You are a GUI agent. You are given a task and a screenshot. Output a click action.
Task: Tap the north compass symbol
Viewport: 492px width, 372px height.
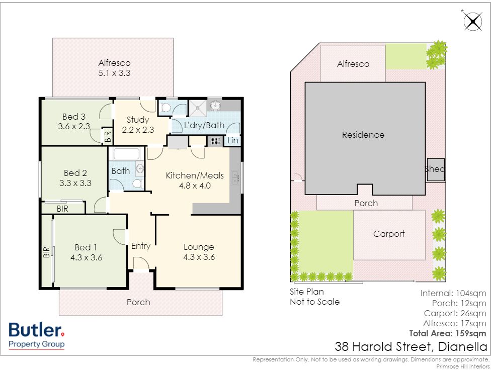pos(472,22)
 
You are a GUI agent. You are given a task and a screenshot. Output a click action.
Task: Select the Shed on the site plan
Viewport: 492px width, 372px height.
pos(436,170)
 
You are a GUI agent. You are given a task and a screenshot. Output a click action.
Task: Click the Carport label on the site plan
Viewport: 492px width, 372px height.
pos(389,234)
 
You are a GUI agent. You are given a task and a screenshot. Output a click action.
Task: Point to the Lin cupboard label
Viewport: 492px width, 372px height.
pos(232,141)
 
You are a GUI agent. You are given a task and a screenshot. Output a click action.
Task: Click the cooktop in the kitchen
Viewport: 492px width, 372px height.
pos(215,141)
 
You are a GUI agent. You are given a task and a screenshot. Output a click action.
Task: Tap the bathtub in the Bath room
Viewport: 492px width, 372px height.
pos(126,154)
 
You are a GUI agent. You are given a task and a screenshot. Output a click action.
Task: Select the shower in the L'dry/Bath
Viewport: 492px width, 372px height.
pos(198,108)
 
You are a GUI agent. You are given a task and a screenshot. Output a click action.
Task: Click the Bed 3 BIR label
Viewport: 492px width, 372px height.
pos(108,136)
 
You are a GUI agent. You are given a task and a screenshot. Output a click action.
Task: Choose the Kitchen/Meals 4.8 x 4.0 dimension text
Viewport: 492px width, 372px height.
pos(195,185)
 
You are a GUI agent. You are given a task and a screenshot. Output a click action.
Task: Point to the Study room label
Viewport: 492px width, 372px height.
pos(138,120)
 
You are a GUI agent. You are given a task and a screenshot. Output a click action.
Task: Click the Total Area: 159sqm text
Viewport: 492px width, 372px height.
pos(447,333)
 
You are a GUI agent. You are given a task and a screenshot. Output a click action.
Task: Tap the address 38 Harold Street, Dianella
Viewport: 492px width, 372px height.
pos(411,346)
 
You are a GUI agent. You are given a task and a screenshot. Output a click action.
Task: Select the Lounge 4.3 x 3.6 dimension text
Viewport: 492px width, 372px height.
pos(199,257)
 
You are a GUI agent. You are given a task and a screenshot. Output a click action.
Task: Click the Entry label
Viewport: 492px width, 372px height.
pos(141,246)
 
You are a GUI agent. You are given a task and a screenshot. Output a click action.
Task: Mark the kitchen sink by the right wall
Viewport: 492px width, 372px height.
pos(235,177)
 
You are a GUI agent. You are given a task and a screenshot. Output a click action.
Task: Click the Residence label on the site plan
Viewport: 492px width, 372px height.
pos(363,135)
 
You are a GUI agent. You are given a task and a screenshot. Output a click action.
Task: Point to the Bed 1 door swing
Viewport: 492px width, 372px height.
pos(119,237)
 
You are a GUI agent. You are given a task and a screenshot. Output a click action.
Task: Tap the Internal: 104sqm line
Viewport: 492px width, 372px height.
pos(453,293)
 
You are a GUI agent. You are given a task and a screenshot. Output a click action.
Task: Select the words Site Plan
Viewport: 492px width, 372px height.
pos(306,292)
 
